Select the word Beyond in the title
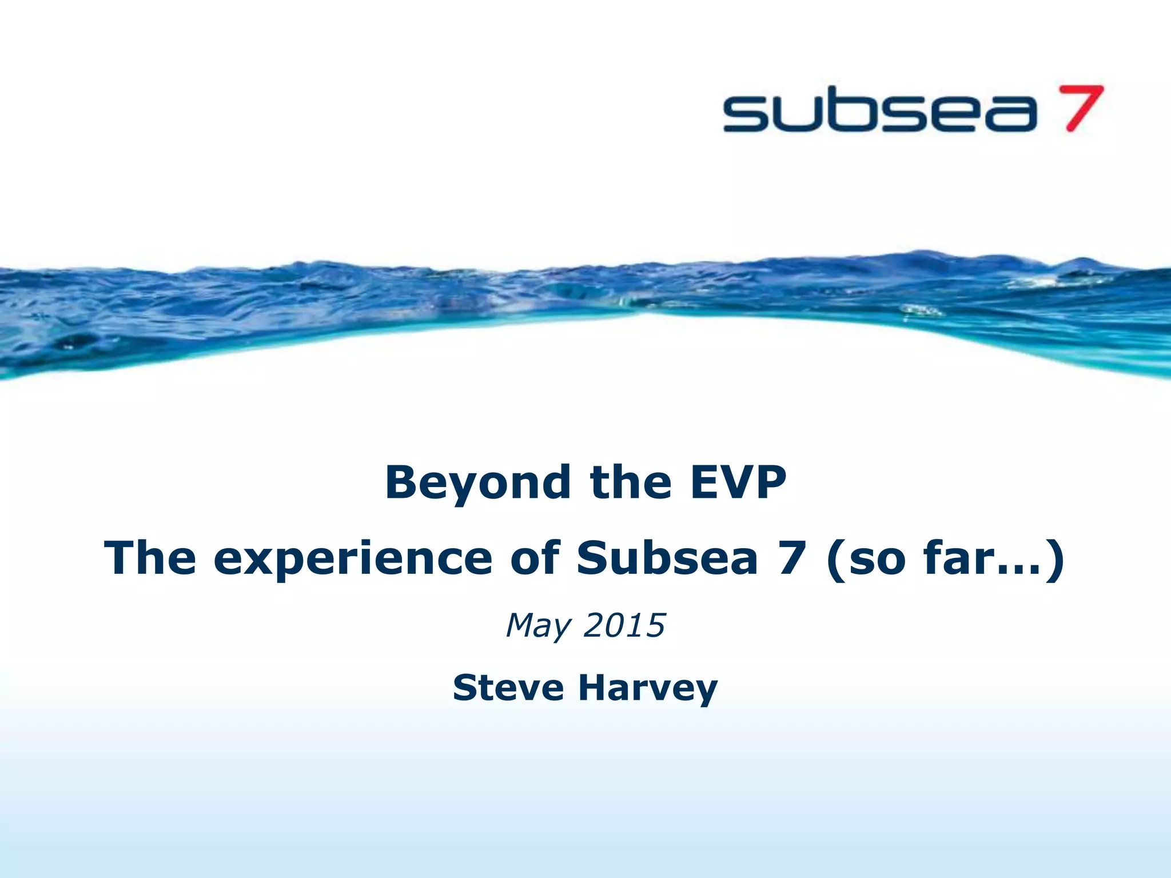[477, 483]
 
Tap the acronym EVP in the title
[738, 483]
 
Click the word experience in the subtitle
[353, 559]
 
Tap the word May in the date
[538, 626]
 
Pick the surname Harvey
[648, 688]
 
